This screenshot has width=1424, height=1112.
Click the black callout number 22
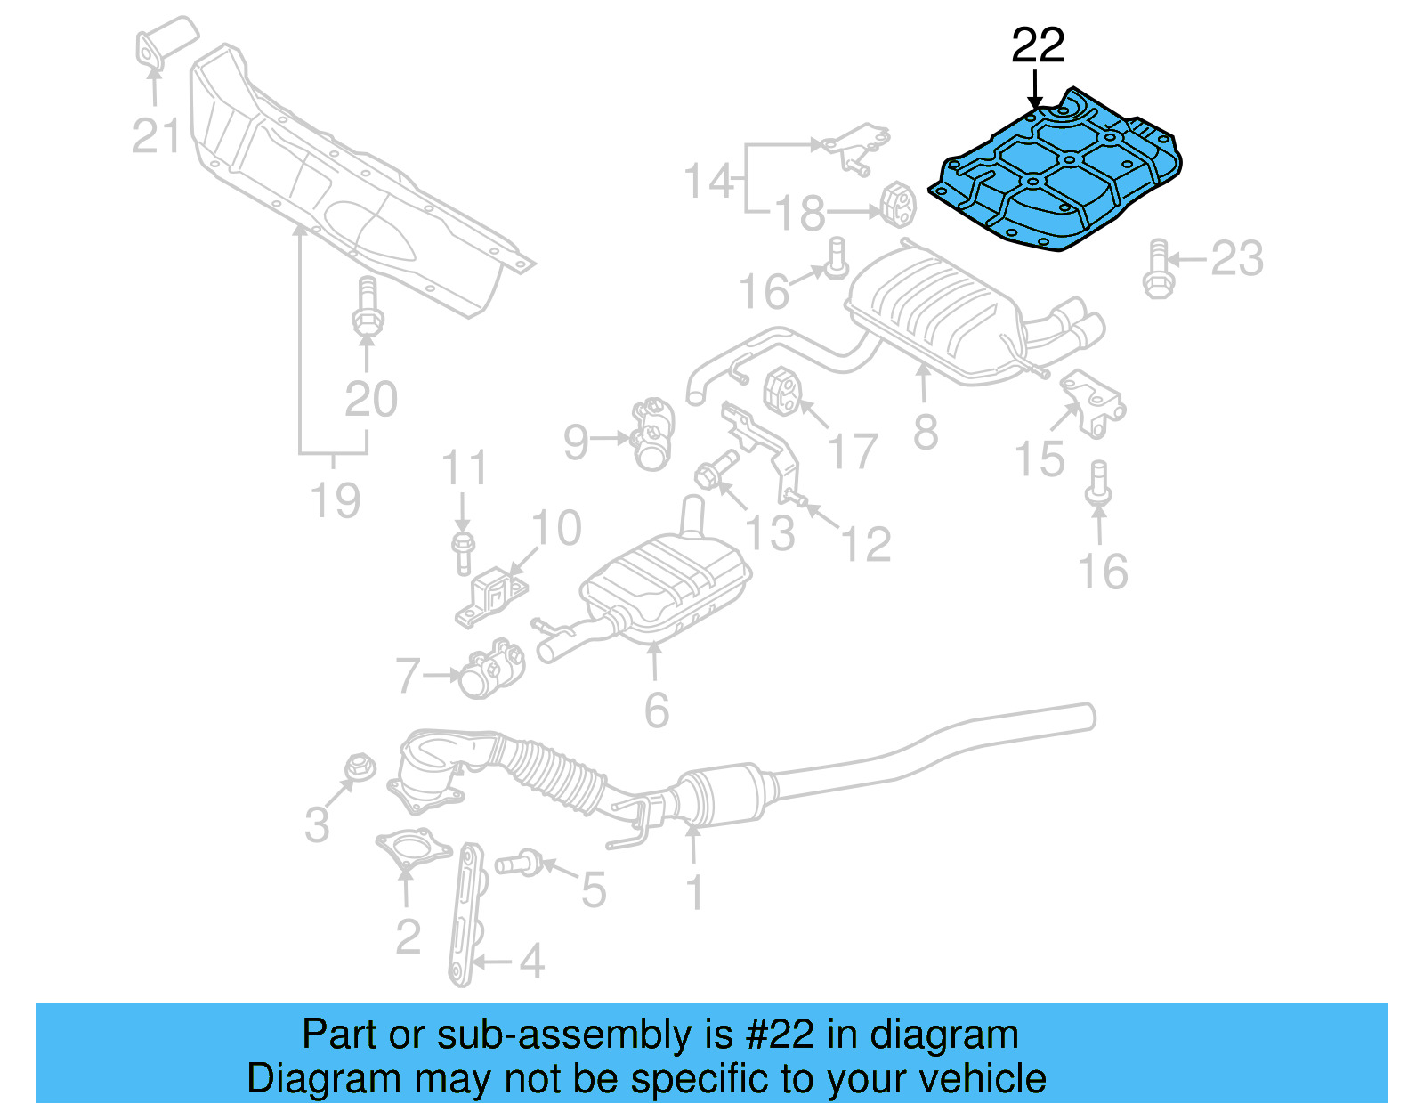tap(1038, 45)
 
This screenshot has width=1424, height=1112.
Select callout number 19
tap(336, 500)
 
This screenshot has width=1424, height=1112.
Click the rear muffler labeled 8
tap(934, 312)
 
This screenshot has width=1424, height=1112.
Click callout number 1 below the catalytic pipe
tap(695, 893)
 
